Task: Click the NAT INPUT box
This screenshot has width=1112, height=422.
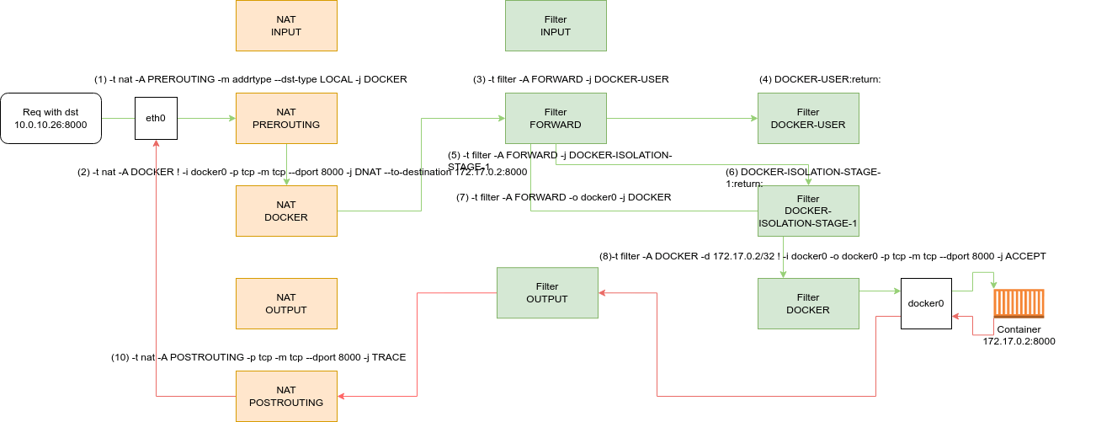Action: (286, 25)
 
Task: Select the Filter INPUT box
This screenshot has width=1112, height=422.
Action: (556, 25)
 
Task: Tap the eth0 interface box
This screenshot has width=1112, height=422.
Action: (156, 118)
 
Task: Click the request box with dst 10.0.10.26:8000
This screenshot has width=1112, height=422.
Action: (51, 118)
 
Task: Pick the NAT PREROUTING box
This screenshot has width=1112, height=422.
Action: (286, 118)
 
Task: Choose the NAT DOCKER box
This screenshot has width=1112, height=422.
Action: (286, 211)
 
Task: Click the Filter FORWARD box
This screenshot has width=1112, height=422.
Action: (556, 118)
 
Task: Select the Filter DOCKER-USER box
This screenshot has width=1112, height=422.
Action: (808, 118)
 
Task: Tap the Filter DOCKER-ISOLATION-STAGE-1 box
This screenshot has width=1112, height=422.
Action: (808, 211)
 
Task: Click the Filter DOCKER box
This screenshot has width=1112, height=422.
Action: (808, 303)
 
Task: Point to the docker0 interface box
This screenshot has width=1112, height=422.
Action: (926, 303)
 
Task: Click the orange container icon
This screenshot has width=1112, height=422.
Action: (1019, 303)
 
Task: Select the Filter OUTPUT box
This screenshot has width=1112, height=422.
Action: (547, 292)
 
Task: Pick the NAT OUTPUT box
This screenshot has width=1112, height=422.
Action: (286, 303)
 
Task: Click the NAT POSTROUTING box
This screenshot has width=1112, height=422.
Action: (286, 396)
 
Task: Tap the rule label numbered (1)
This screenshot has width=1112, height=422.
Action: (251, 79)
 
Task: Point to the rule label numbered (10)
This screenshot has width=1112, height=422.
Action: (258, 357)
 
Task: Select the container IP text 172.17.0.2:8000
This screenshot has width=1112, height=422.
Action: (1019, 341)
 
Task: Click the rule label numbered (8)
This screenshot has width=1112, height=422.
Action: (822, 255)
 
